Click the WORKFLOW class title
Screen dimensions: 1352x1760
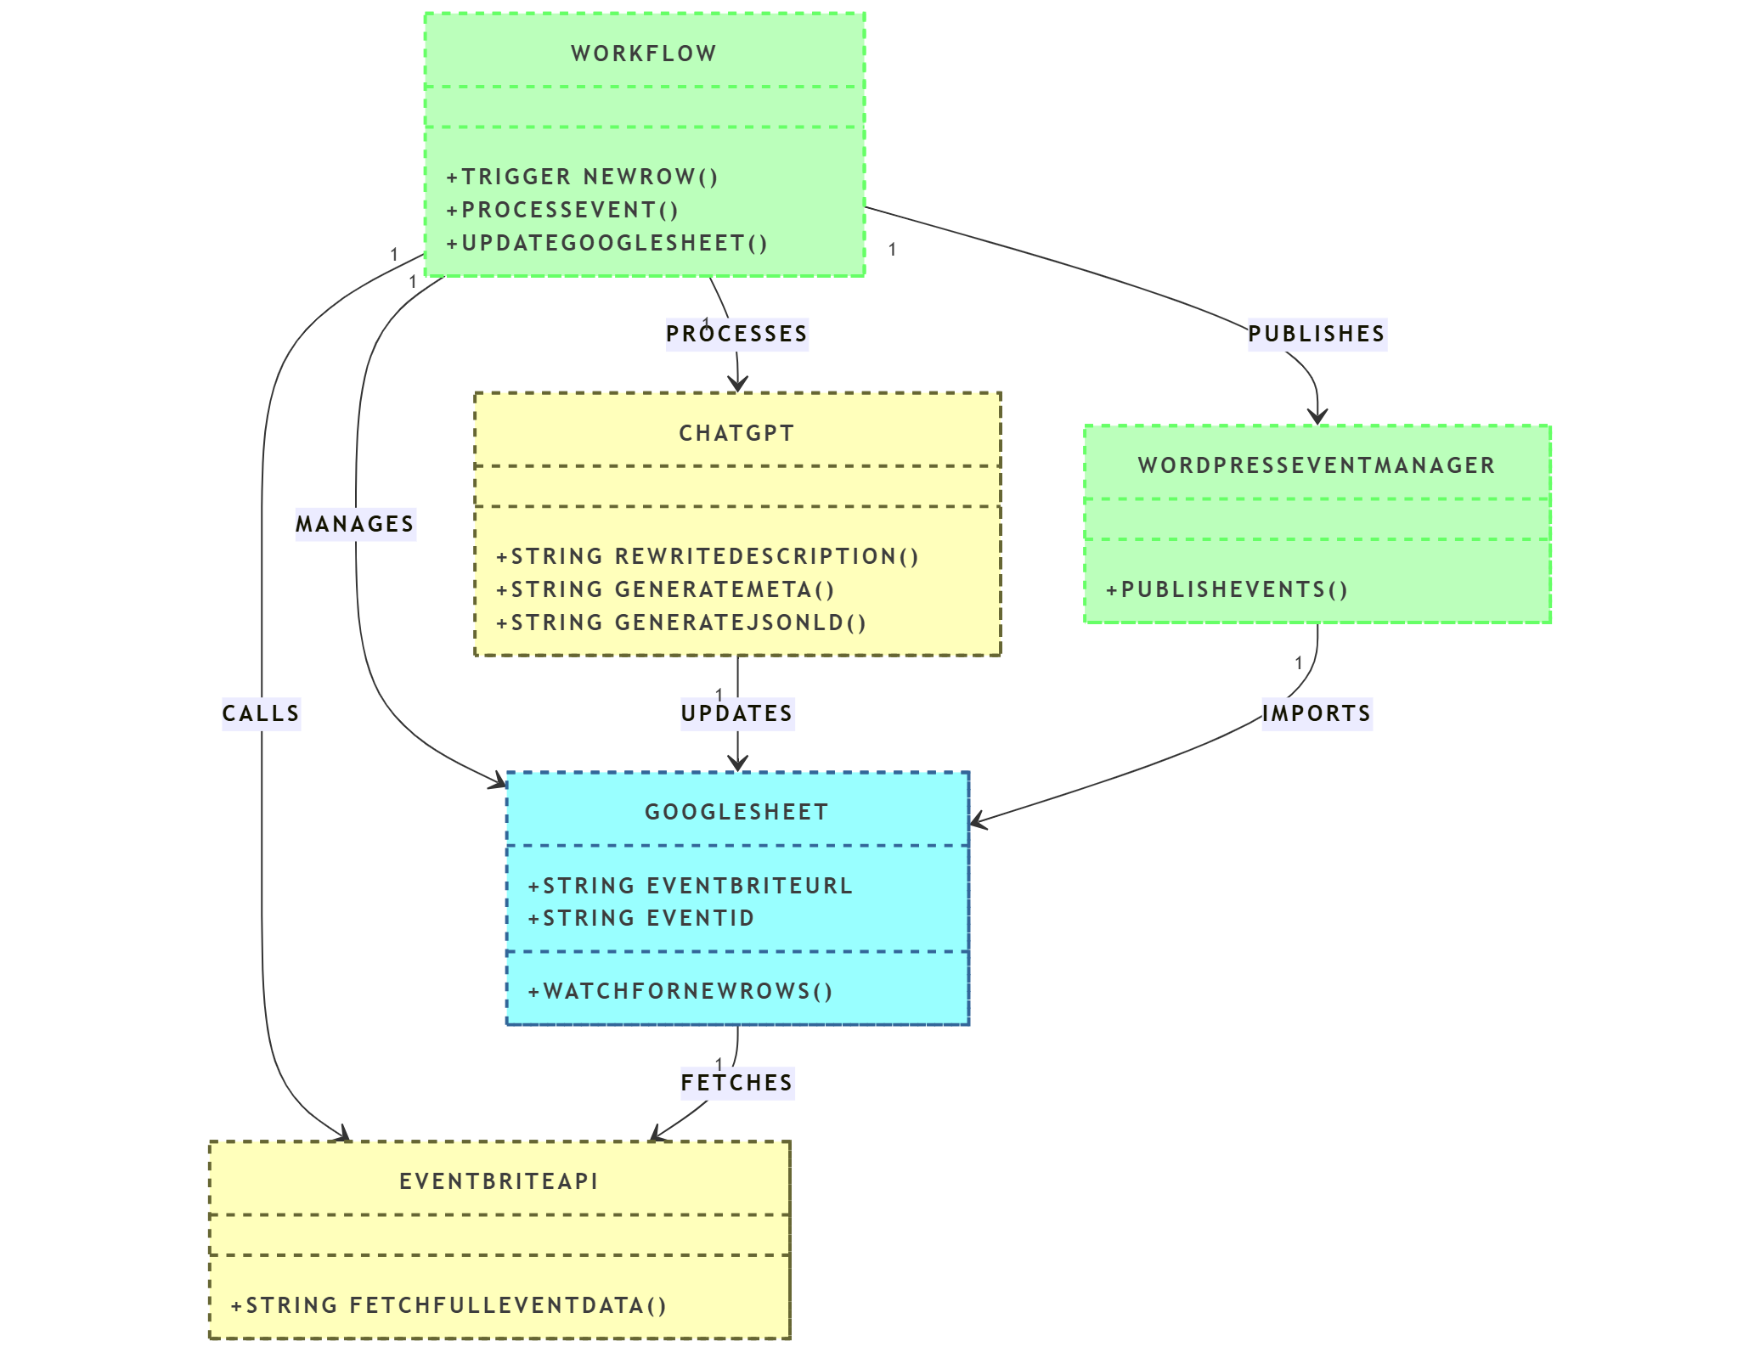coord(644,54)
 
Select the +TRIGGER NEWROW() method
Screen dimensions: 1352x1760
coord(583,177)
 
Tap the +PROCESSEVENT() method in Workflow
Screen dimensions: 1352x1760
coord(562,210)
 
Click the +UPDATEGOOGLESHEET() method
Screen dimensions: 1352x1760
coord(607,243)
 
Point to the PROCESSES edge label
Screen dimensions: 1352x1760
coord(736,334)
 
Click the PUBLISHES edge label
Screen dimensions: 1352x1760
coord(1317,334)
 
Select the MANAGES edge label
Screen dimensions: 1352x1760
coord(355,524)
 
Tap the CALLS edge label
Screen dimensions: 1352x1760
coord(261,713)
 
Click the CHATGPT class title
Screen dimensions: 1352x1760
coord(736,433)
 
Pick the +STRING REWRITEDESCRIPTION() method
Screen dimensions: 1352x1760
coord(708,556)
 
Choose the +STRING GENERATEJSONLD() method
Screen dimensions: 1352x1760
coord(681,622)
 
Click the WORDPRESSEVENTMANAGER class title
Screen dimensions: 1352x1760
coord(1317,465)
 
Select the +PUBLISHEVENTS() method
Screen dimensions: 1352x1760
coord(1227,589)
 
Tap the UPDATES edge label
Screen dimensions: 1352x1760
coord(736,713)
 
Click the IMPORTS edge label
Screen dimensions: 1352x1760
coord(1317,713)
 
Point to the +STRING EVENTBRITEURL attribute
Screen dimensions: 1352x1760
coord(690,886)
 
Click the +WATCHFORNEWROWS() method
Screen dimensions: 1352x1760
coord(680,991)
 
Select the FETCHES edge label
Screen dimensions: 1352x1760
coord(736,1083)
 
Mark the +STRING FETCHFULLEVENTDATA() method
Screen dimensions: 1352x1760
coord(448,1305)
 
